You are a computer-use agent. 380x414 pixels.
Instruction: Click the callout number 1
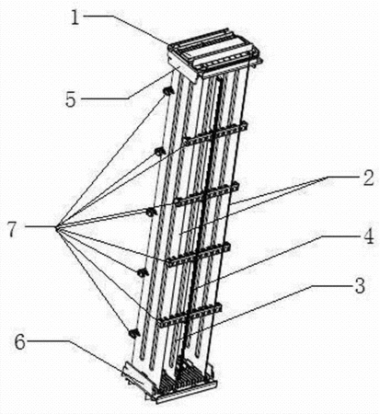75,18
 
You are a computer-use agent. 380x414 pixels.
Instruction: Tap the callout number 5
71,99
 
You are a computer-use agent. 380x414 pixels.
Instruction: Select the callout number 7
12,229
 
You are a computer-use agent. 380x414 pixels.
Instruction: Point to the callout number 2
368,178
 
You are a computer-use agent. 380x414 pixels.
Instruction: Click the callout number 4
368,236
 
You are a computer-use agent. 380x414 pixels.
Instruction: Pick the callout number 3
360,286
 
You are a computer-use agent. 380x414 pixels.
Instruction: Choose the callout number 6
20,342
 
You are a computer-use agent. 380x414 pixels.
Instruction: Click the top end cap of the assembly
215,54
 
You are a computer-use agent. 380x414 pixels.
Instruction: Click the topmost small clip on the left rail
167,90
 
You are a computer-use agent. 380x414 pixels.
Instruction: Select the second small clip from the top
159,151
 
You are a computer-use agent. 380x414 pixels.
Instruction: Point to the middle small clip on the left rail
151,212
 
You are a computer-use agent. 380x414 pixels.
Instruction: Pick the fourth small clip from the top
142,272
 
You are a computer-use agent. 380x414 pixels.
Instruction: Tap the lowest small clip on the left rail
133,333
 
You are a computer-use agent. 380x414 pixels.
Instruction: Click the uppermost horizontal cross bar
215,133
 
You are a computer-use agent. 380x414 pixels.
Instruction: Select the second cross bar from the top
207,194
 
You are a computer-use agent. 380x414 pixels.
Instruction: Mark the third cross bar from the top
199,254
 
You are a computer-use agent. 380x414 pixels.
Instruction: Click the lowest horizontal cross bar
190,315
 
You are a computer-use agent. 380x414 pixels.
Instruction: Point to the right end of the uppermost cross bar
247,124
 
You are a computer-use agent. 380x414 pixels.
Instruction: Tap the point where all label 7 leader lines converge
56,227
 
